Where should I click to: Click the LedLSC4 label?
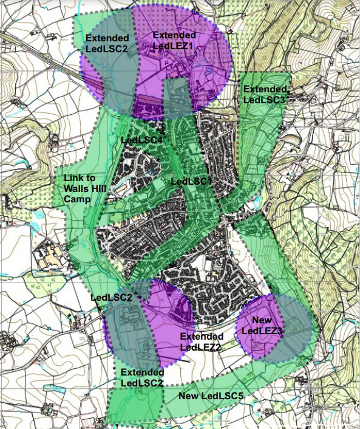tap(142, 141)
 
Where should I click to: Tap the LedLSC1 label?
tap(191, 181)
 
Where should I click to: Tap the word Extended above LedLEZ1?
tap(174, 35)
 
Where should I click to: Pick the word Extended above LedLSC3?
tap(265, 89)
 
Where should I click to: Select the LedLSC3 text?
tap(265, 100)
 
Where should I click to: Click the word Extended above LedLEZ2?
tap(202, 336)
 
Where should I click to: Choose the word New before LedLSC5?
tap(189, 396)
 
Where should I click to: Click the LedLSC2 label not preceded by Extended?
tap(111, 298)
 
